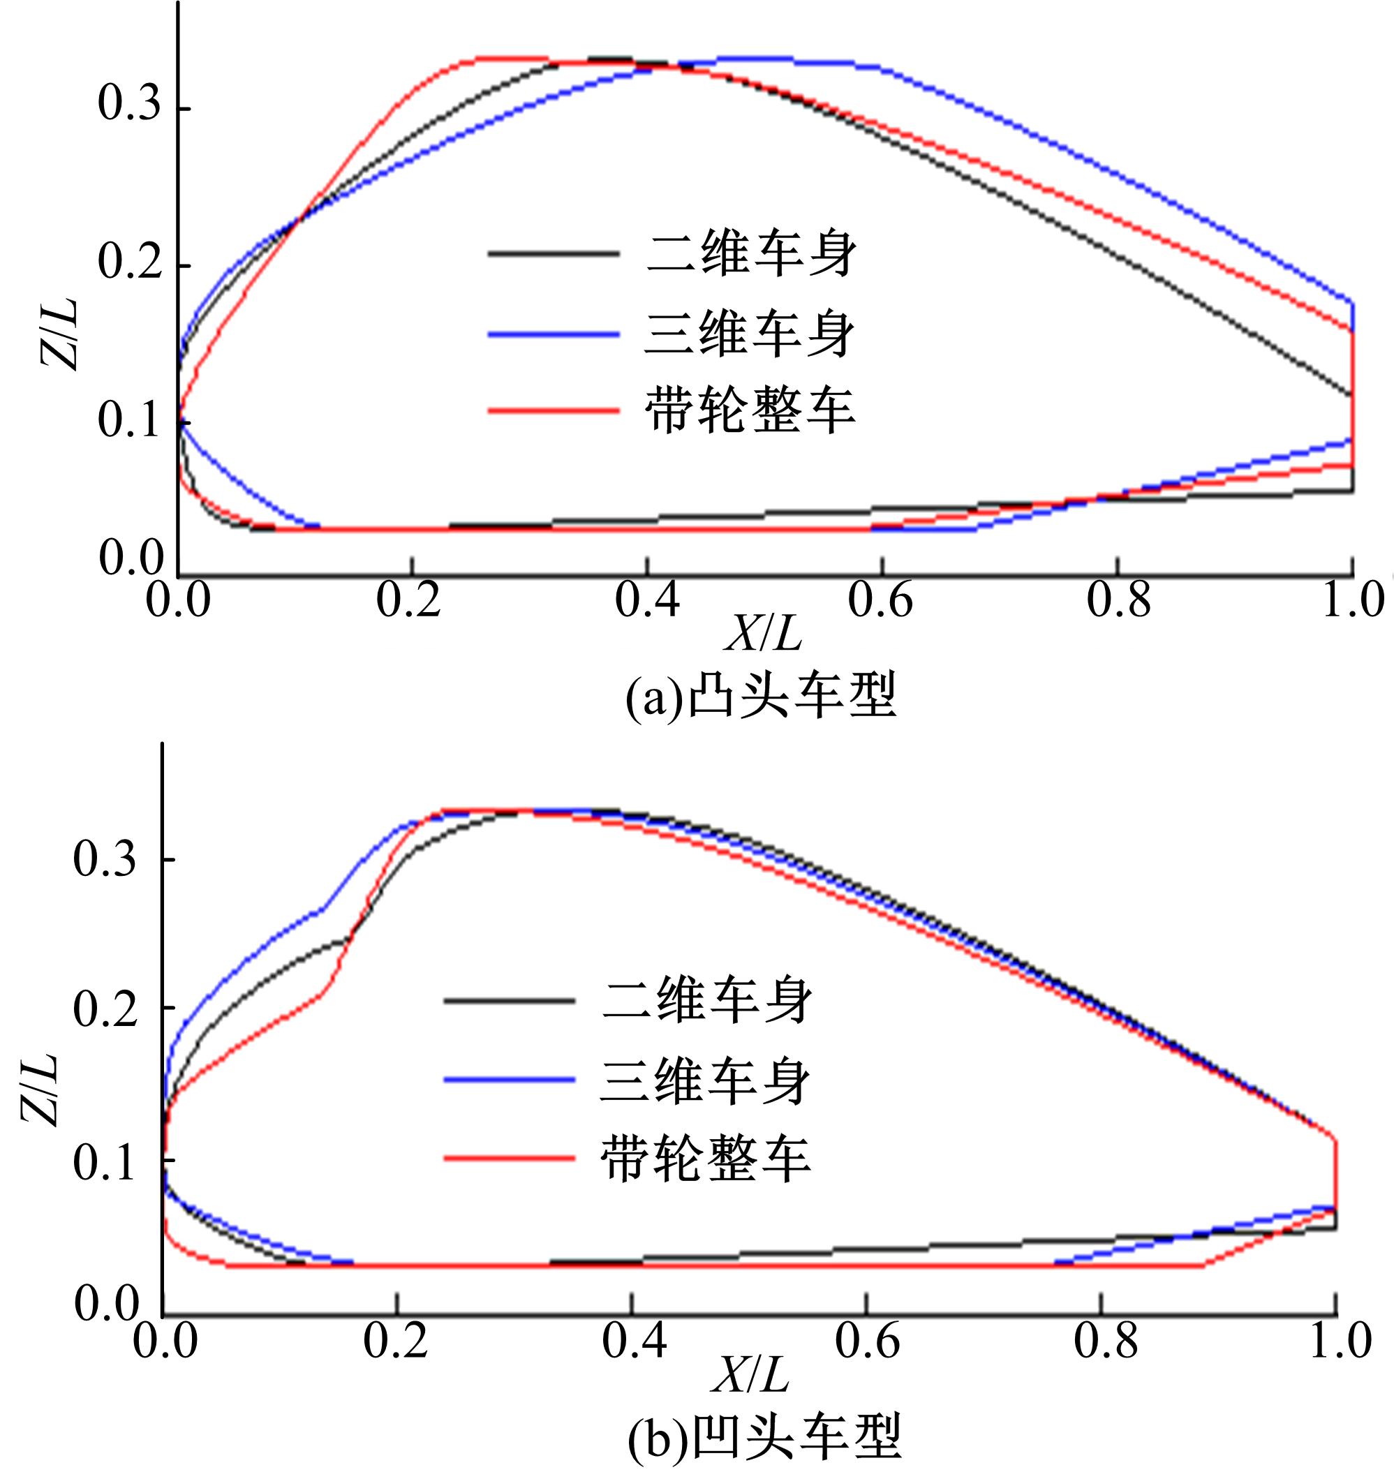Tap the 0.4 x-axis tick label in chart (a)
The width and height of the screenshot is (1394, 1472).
click(x=646, y=600)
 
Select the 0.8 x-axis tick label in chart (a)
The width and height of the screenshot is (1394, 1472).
click(x=1118, y=600)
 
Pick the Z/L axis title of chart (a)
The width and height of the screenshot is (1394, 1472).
click(x=59, y=335)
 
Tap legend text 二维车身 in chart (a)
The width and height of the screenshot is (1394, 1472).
click(x=751, y=255)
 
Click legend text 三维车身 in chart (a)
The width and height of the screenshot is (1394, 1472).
click(x=750, y=334)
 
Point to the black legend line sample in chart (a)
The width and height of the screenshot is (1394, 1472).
click(x=553, y=254)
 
